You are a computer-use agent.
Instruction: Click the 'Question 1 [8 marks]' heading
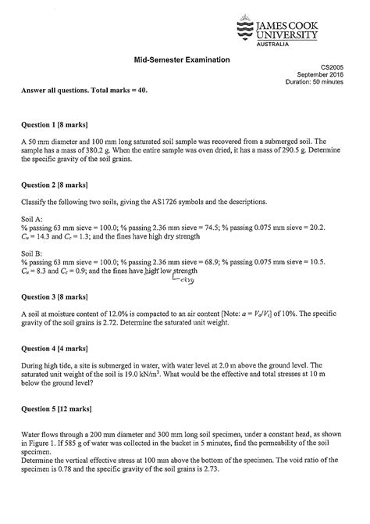(x=59, y=125)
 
